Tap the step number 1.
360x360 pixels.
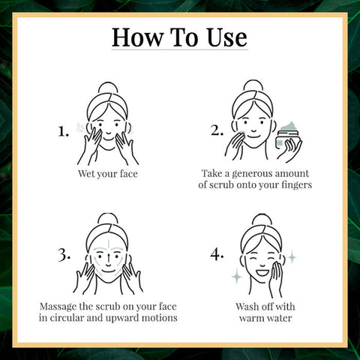click(x=64, y=131)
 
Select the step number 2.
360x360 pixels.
click(x=217, y=131)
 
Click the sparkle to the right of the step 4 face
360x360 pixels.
click(x=292, y=256)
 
